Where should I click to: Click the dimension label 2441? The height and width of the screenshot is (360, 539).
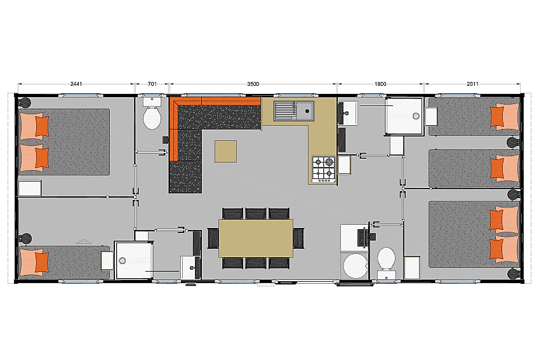[76, 84]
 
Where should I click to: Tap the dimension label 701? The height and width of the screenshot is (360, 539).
[152, 84]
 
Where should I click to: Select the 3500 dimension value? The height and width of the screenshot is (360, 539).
[253, 84]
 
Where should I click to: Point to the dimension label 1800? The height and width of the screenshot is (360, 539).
[380, 84]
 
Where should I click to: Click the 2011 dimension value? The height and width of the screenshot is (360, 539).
[472, 84]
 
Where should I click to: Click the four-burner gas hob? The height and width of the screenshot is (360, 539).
[323, 170]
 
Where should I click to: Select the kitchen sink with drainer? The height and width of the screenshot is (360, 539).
[294, 110]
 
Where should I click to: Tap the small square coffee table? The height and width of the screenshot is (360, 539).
[225, 151]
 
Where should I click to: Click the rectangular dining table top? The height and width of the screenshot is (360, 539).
[256, 238]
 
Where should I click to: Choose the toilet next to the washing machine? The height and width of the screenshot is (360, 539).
[387, 259]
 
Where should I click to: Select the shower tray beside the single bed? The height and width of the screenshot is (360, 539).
[133, 260]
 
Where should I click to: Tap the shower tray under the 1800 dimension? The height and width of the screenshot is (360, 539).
[404, 117]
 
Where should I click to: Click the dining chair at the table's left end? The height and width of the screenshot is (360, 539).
[213, 238]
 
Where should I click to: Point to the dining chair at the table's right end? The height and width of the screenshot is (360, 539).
[299, 238]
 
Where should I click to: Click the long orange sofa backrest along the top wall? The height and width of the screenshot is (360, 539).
[215, 101]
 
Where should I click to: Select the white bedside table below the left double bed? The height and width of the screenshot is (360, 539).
[30, 189]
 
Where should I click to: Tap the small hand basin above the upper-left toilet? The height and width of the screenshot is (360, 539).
[152, 102]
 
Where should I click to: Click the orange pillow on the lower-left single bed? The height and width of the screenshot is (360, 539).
[42, 262]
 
